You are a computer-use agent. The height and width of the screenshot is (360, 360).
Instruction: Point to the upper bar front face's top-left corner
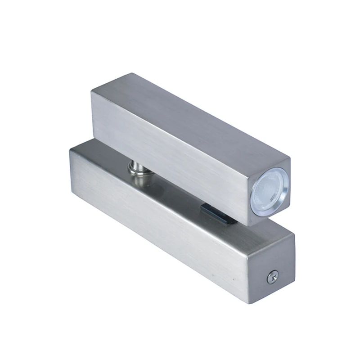pos(91,91)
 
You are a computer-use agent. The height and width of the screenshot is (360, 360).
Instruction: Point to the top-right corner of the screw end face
pos(295,233)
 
